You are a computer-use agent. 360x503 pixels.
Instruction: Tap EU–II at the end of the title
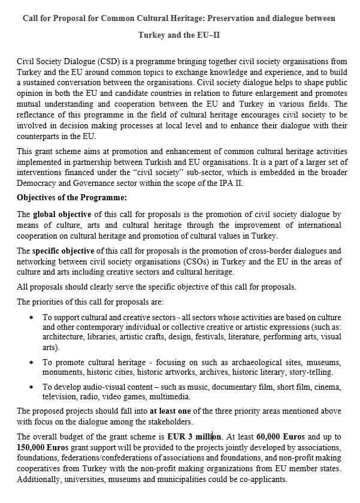207,35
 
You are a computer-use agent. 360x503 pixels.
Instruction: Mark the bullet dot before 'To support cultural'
31,317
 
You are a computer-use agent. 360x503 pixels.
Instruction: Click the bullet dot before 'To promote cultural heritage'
31,362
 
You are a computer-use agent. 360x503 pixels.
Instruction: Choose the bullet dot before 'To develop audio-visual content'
31,387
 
